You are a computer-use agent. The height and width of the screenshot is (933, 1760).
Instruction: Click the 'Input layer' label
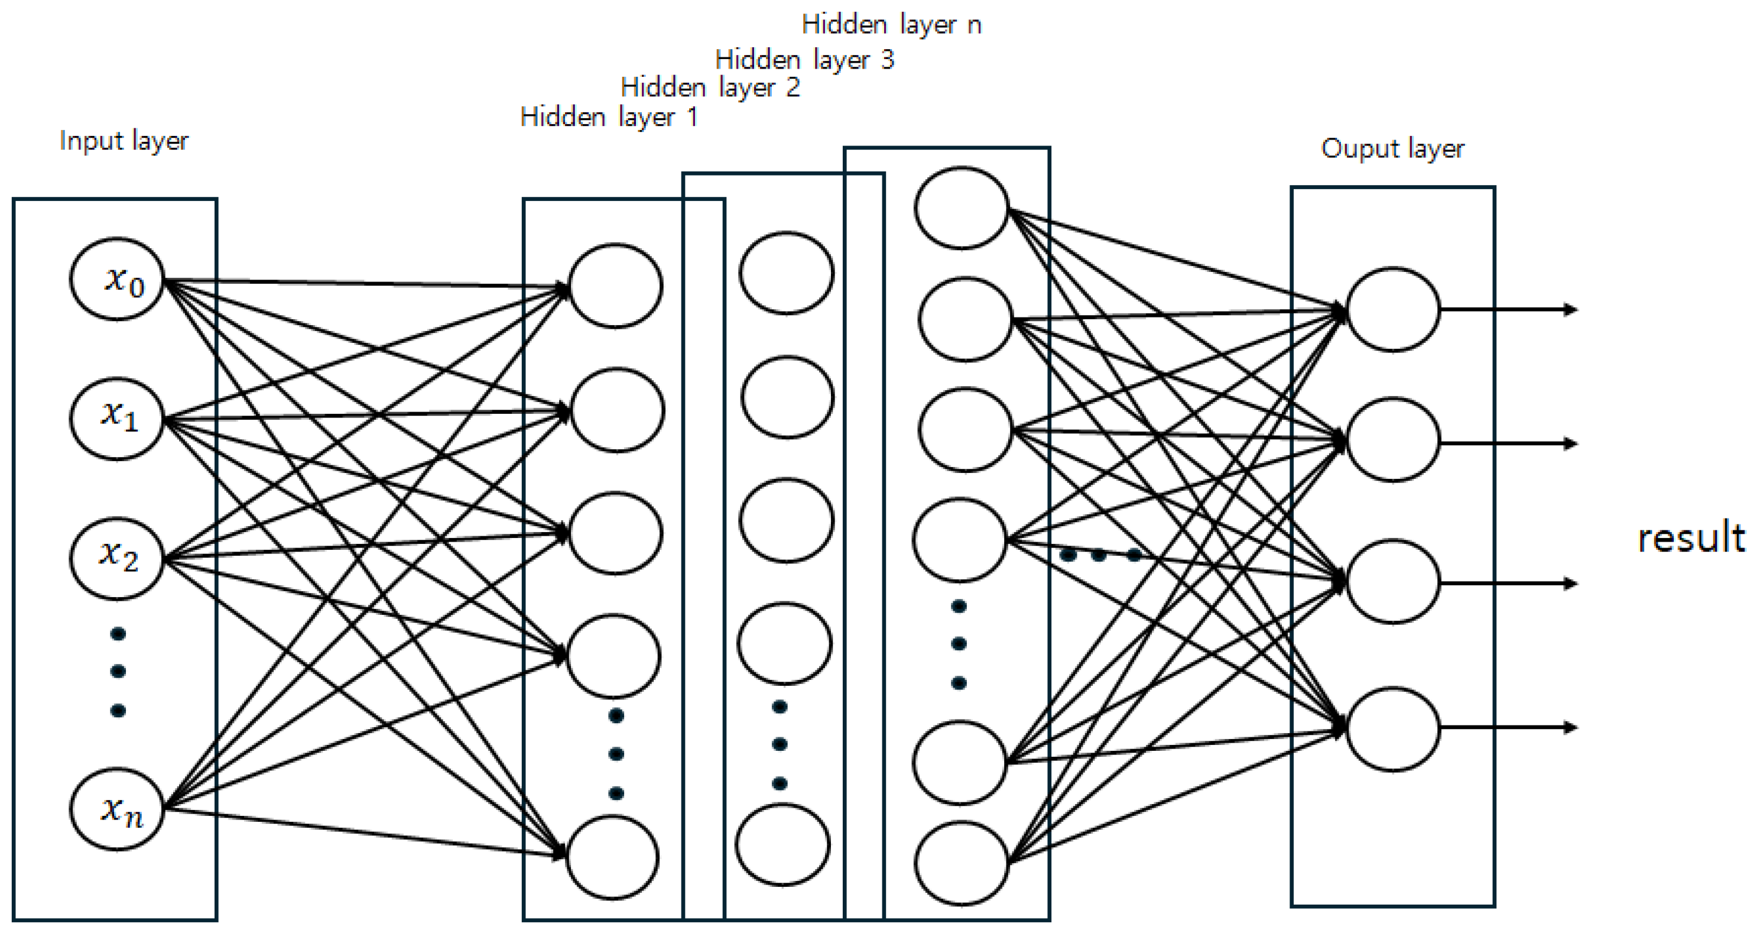[124, 141]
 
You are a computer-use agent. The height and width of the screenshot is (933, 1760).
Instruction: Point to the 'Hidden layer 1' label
[608, 117]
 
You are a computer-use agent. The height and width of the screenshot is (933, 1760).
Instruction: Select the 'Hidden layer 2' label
[710, 88]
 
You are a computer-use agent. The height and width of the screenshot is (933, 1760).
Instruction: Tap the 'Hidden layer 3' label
[804, 60]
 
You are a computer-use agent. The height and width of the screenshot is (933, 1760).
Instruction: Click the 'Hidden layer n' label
[891, 25]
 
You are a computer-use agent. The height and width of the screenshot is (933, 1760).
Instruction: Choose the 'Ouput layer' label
[1392, 148]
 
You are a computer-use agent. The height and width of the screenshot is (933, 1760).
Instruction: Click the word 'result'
[1691, 538]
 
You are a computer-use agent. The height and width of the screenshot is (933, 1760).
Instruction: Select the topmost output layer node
[1393, 310]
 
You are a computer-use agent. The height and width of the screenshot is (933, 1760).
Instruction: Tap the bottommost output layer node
[1393, 729]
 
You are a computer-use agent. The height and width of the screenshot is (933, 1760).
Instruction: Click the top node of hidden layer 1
[616, 286]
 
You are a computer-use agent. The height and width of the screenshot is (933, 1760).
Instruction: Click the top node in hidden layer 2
[787, 273]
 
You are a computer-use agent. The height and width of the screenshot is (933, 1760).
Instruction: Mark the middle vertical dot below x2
[118, 671]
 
